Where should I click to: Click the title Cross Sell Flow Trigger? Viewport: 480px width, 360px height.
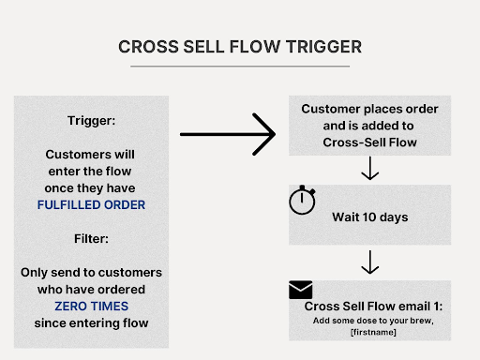(x=240, y=47)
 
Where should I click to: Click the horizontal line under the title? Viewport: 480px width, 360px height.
(x=240, y=67)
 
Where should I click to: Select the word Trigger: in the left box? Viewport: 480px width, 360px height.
(x=91, y=121)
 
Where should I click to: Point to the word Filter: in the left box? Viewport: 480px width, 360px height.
(x=91, y=239)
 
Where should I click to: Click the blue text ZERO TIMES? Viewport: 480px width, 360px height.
(x=91, y=306)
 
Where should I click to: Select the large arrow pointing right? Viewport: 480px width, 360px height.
(x=228, y=135)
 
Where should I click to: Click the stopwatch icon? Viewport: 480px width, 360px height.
(x=302, y=202)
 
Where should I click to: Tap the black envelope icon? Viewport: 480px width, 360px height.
(x=301, y=290)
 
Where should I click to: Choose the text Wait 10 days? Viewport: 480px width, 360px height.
(x=369, y=217)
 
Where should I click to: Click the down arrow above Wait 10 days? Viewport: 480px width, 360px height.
(x=369, y=169)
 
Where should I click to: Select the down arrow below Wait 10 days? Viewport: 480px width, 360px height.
(x=369, y=262)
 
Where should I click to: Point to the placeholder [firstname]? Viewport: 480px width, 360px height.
(x=369, y=333)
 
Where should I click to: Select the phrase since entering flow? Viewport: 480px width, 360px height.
(x=91, y=322)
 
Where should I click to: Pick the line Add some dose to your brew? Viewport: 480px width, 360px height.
(x=369, y=321)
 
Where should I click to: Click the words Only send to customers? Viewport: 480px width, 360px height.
(x=91, y=273)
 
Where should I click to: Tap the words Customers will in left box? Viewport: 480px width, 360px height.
(x=91, y=155)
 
